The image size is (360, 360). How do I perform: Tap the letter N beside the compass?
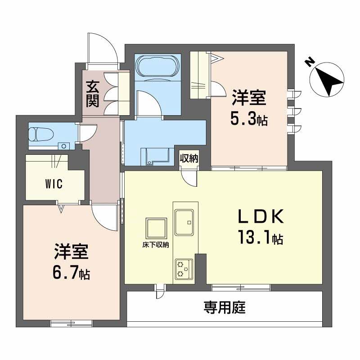click(309, 62)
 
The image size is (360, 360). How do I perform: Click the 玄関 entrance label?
click(92, 93)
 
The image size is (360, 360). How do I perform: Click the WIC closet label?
click(53, 184)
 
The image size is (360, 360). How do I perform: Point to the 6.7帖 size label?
click(71, 272)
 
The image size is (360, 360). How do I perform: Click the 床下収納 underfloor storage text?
click(153, 245)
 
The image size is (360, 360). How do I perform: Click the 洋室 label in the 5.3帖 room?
click(249, 98)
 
